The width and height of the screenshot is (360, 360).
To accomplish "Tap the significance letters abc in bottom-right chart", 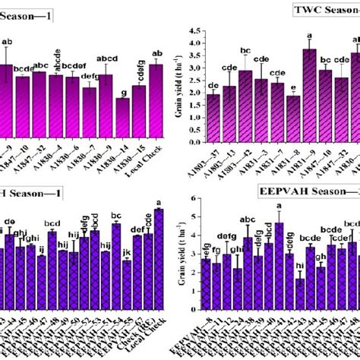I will pyautogui.click(x=248, y=242).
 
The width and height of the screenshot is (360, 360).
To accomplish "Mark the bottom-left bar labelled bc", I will pyautogui.click(x=116, y=261).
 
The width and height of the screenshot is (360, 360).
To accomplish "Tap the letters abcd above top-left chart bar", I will pyautogui.click(x=106, y=59).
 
